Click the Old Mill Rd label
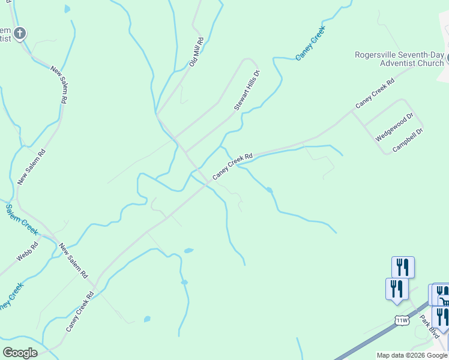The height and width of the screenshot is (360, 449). pyautogui.click(x=197, y=52)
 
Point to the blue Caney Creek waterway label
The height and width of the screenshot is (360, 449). pyautogui.click(x=310, y=43)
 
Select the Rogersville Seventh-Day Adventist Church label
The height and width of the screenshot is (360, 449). pyautogui.click(x=399, y=59)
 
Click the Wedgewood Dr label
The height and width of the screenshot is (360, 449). pyautogui.click(x=394, y=127)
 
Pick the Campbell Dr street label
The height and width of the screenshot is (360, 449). pyautogui.click(x=408, y=139)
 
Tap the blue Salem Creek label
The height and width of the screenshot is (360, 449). pyautogui.click(x=22, y=219)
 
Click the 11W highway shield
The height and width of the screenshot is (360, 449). pyautogui.click(x=402, y=321)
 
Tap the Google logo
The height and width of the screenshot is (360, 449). pyautogui.click(x=20, y=353)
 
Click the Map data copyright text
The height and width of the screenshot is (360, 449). pyautogui.click(x=412, y=355)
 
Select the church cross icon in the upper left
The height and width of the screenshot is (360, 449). pyautogui.click(x=20, y=33)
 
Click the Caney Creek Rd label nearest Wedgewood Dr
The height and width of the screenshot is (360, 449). pyautogui.click(x=375, y=94)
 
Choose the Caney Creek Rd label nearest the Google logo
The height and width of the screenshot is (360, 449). pyautogui.click(x=80, y=312)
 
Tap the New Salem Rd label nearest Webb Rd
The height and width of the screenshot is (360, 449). pyautogui.click(x=73, y=260)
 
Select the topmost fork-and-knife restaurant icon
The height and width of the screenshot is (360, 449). pyautogui.click(x=403, y=267)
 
